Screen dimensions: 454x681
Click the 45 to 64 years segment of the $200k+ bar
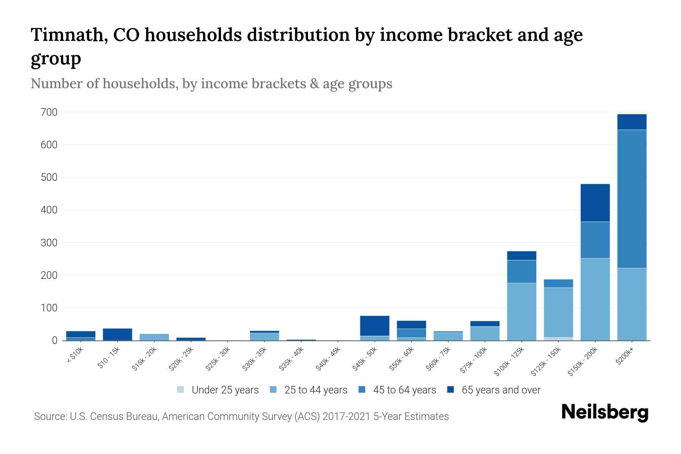(x=631, y=199)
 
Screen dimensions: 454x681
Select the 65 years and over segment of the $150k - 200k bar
(x=595, y=202)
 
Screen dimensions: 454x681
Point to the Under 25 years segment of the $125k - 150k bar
(x=558, y=339)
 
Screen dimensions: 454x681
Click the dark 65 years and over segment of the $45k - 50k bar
(x=375, y=325)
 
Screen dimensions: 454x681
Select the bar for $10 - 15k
(x=117, y=334)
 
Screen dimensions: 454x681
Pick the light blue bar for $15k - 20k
(x=154, y=337)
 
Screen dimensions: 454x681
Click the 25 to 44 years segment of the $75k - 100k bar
(x=485, y=333)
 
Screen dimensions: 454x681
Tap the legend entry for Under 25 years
(x=218, y=390)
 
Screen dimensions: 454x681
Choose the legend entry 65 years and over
(x=494, y=390)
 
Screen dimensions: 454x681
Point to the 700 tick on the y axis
(x=49, y=112)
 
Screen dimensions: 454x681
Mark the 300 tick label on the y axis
(x=49, y=243)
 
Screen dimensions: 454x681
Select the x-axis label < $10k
(x=75, y=355)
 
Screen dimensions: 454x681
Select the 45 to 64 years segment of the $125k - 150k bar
(x=558, y=283)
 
